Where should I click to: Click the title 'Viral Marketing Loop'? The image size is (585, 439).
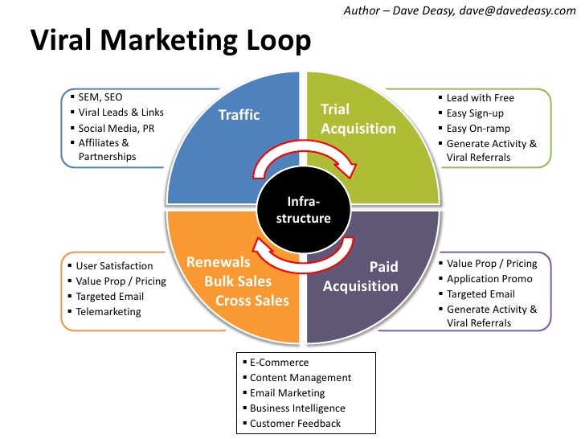click(x=170, y=41)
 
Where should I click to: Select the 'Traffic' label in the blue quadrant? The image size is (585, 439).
click(x=239, y=115)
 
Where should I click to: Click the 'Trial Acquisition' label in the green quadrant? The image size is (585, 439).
click(x=358, y=119)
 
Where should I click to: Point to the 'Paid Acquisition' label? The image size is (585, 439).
click(x=361, y=277)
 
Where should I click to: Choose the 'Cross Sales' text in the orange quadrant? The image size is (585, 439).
click(x=252, y=301)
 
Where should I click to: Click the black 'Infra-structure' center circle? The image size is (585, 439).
click(x=303, y=211)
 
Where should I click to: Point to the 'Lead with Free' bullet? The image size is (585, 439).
click(x=481, y=98)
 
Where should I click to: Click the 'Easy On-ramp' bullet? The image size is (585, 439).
click(x=478, y=128)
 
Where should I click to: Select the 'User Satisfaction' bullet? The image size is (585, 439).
click(x=114, y=265)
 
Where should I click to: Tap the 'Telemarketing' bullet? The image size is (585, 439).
click(x=108, y=311)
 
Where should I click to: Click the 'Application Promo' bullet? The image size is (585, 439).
click(x=489, y=278)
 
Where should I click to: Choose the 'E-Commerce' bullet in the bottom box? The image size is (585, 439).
click(x=279, y=363)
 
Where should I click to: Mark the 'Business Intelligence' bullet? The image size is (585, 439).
click(x=297, y=408)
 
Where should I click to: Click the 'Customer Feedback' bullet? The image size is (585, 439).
click(x=295, y=424)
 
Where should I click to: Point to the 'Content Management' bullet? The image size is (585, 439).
click(x=301, y=378)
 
